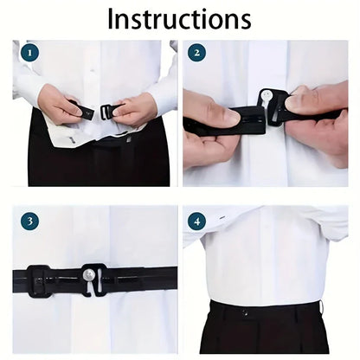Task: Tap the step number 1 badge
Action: [31, 53]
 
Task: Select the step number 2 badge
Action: [197, 53]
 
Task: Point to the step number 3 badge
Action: [31, 222]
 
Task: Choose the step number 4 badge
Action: [197, 222]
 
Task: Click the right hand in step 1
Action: [134, 110]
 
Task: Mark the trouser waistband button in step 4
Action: [245, 312]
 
